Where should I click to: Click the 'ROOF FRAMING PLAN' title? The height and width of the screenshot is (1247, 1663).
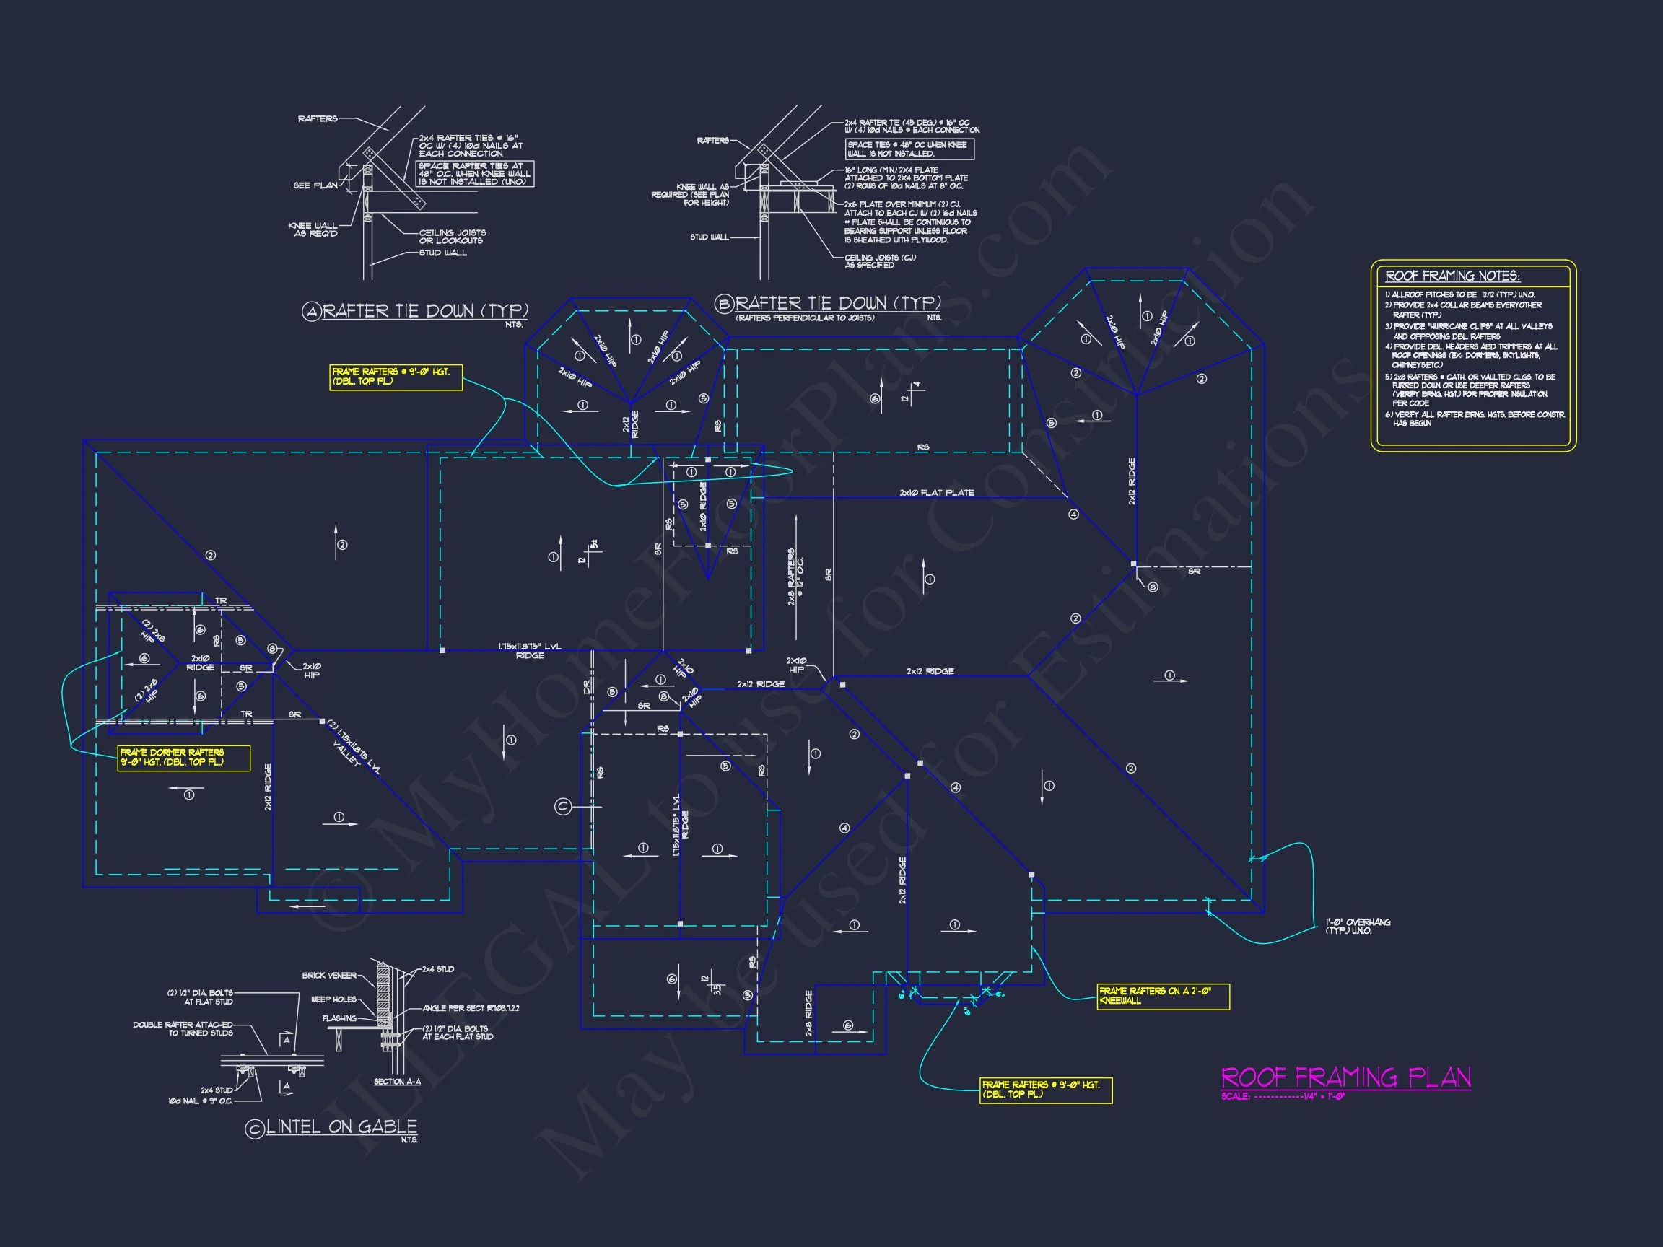tap(1345, 1077)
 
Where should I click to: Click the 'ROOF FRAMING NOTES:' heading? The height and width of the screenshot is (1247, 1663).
tap(1452, 276)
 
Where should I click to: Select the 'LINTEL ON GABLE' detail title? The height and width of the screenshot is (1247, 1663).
tap(341, 1126)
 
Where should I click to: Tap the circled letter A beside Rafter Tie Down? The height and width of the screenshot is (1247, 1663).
tap(311, 311)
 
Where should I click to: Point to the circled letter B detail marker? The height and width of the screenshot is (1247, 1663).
tap(724, 304)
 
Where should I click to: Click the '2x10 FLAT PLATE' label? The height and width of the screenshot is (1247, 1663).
tap(936, 493)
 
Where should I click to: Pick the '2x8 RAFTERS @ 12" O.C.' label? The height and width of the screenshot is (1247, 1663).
tap(795, 577)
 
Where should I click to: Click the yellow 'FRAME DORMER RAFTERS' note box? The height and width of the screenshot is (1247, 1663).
tap(183, 758)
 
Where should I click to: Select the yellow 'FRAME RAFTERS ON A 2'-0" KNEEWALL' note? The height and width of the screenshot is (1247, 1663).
tap(1163, 996)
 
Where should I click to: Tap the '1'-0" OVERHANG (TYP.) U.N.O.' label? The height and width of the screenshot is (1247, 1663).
tap(1357, 926)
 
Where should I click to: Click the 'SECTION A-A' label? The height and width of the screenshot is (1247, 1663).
tap(397, 1082)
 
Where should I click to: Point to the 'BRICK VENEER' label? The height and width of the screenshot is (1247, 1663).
tap(329, 976)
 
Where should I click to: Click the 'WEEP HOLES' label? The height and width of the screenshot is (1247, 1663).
tap(333, 999)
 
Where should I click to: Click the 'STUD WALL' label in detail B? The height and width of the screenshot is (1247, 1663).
tap(709, 237)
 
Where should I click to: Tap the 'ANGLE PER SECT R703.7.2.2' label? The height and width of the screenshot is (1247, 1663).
tap(471, 1008)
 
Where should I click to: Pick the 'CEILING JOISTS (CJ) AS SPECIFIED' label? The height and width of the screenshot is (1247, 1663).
tap(880, 261)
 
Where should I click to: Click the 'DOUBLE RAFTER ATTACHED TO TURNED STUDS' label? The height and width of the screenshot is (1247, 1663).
tap(183, 1029)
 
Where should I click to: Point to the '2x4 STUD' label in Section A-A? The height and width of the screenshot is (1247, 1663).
tap(437, 970)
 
